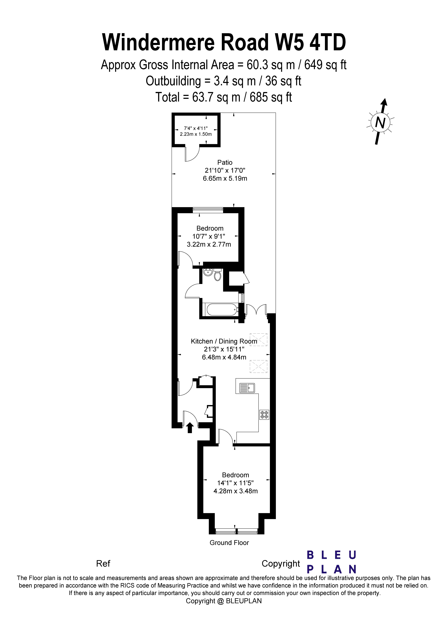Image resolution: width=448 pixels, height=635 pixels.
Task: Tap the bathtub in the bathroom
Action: pos(221,309)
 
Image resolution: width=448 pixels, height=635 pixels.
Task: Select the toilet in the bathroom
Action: pos(218,275)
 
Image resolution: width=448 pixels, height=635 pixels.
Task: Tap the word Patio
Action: pos(225,162)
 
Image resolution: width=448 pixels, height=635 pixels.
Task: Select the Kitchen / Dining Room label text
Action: pos(224,341)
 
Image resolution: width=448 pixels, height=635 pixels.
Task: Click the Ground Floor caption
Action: pos(229,543)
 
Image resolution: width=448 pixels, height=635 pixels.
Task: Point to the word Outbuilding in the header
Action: pos(173,81)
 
